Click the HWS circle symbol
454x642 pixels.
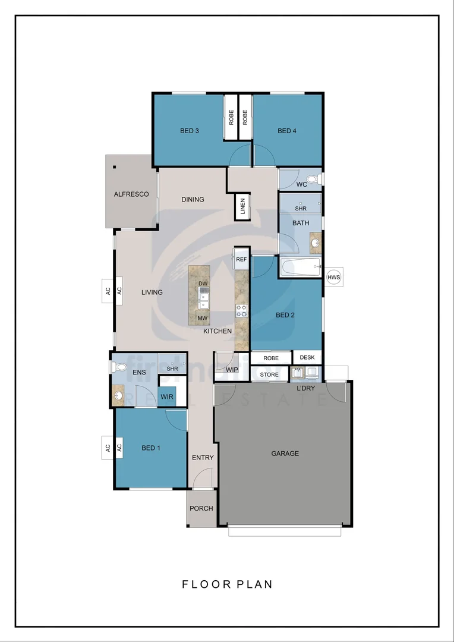coord(335,277)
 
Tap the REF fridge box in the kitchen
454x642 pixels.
coord(241,260)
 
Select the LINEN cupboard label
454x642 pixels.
coord(243,207)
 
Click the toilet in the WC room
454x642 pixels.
coord(313,178)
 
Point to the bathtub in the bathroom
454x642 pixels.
coord(300,267)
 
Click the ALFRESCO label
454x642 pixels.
coord(131,194)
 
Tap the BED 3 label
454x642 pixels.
coord(189,131)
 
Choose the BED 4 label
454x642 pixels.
coord(286,131)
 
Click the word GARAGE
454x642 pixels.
coord(285,454)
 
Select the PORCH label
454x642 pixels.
coord(201,508)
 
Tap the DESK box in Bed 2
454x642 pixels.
coord(307,358)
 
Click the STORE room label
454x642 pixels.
coord(269,374)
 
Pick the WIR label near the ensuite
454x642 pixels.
coord(166,396)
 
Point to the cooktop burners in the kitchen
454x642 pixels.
coord(242,310)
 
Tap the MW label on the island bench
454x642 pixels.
coord(203,319)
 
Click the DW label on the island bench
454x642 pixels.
coord(203,284)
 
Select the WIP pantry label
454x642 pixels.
coord(232,370)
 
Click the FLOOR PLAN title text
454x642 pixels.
coord(227,584)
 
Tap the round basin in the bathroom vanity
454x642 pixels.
coord(314,243)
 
